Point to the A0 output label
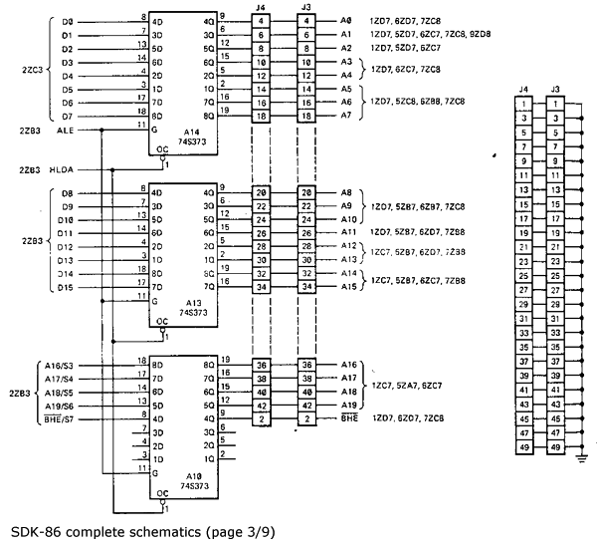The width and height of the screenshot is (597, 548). click(x=345, y=20)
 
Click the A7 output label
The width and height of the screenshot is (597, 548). click(x=345, y=116)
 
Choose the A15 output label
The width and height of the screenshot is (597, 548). click(x=347, y=287)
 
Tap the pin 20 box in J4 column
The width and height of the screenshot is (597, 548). click(x=261, y=192)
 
